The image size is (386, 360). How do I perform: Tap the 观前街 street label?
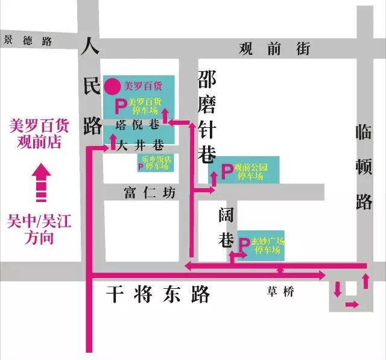point(274,48)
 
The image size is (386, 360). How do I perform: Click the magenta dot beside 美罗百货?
point(112,86)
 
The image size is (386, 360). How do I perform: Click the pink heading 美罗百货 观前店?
point(39,134)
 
